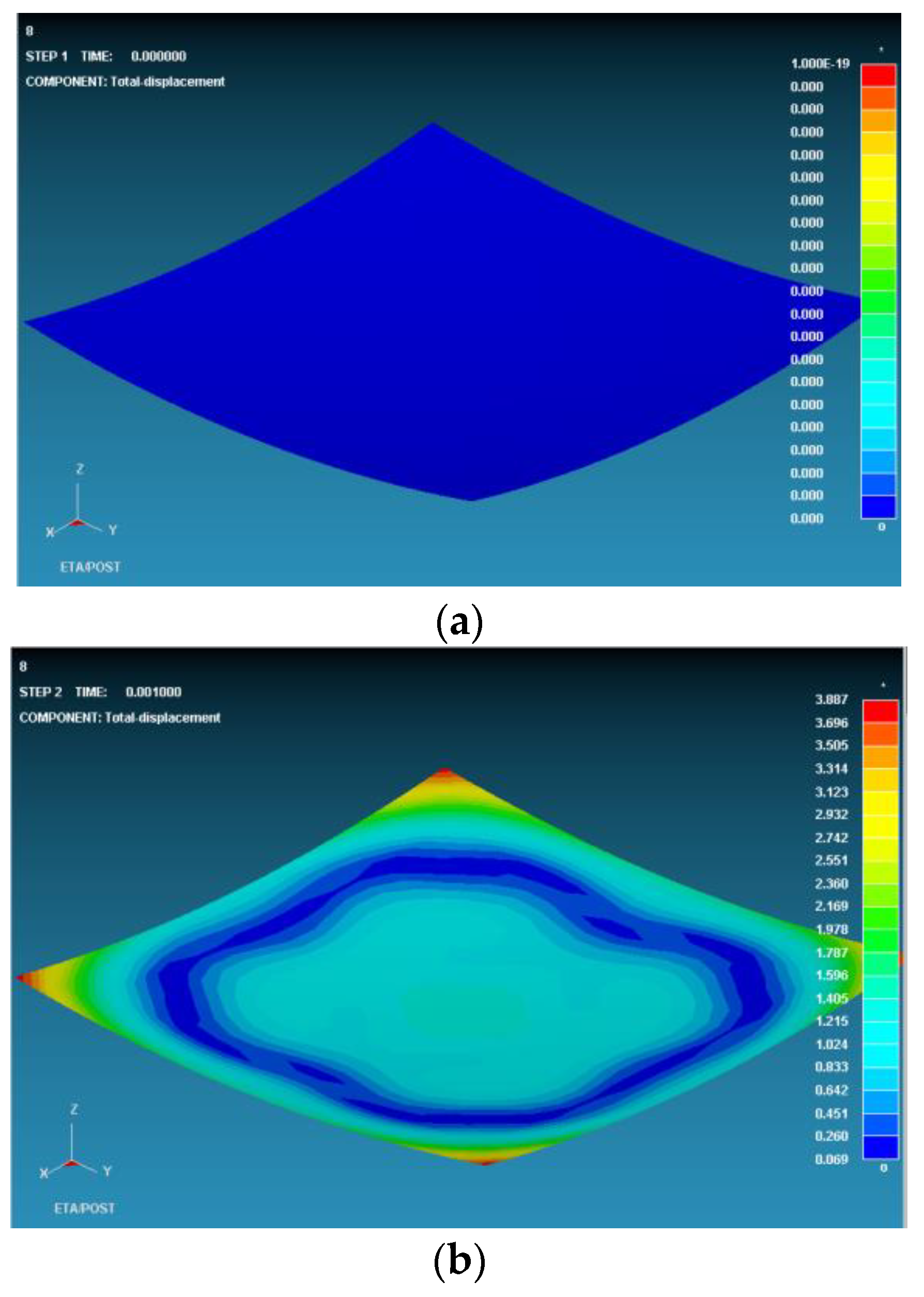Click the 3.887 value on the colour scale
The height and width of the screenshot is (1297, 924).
click(x=831, y=699)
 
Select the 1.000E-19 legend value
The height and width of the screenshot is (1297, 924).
click(x=820, y=63)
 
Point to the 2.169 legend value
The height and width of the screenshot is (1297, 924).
click(x=831, y=906)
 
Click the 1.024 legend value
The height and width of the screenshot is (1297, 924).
click(x=831, y=1044)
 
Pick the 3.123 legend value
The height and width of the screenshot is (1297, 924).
click(x=831, y=791)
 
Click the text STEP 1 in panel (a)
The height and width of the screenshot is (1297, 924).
click(x=46, y=56)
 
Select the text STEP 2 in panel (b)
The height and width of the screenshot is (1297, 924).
click(x=40, y=692)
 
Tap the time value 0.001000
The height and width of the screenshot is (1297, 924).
click(x=153, y=692)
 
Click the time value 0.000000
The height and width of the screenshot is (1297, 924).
click(x=158, y=56)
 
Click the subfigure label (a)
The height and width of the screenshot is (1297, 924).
click(x=458, y=623)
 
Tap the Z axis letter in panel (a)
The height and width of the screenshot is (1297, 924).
click(x=80, y=469)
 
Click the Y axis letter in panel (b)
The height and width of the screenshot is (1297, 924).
click(x=107, y=1171)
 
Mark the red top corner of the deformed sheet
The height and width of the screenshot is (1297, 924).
click(x=444, y=772)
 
